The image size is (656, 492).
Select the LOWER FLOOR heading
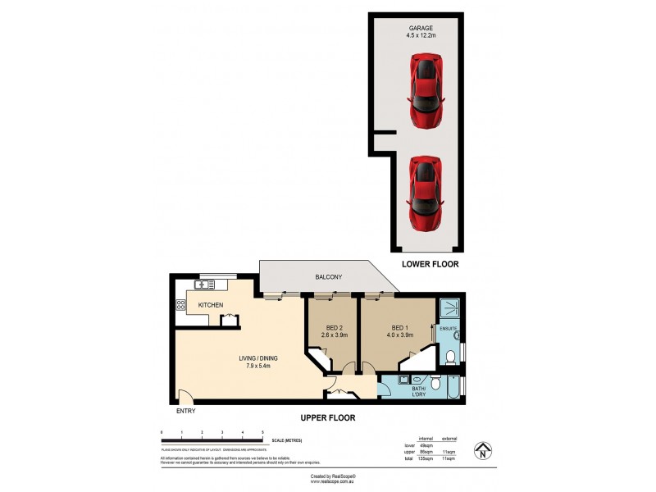point(430,265)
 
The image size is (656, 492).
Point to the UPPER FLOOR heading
point(327,417)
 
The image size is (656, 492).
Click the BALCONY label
point(328,278)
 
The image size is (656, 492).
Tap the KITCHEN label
point(211,305)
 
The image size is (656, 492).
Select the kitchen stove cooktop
point(180,305)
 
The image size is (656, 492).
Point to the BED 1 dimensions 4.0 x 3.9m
point(399,335)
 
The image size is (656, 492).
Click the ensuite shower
point(448,309)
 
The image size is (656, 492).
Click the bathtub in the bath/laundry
point(450,386)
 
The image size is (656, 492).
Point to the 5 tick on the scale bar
point(262,431)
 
